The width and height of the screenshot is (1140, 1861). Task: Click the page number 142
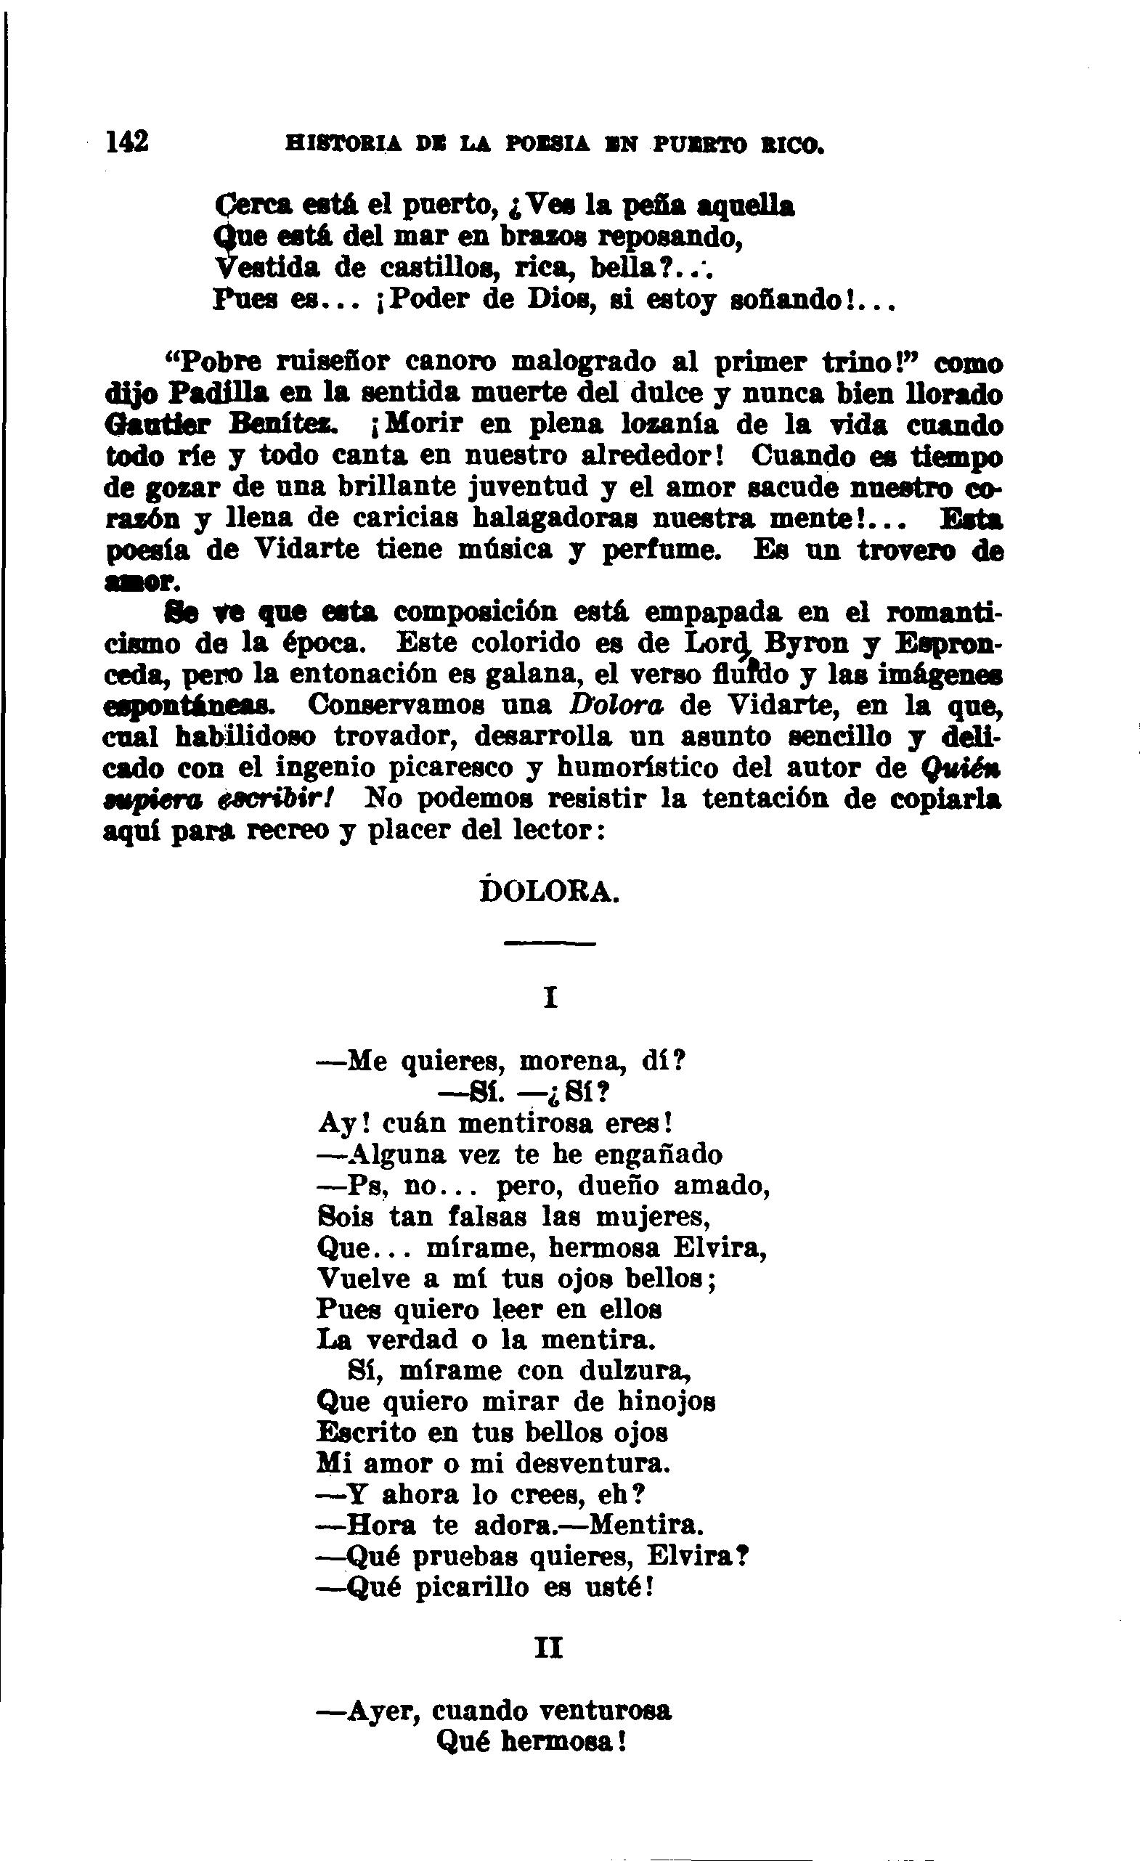128,140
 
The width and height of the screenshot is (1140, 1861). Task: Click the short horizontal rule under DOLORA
549,943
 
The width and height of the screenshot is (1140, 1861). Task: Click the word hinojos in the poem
667,1402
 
